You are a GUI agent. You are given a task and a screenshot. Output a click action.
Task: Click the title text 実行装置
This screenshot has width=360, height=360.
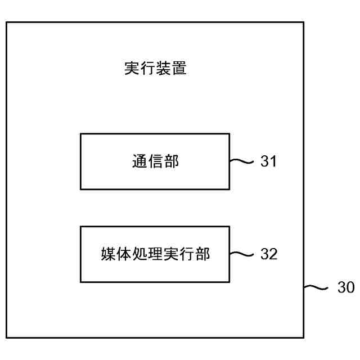pos(155,69)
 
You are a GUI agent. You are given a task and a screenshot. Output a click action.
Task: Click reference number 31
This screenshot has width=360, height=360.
pos(268,162)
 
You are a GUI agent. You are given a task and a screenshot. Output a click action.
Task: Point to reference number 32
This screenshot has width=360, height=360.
pos(268,254)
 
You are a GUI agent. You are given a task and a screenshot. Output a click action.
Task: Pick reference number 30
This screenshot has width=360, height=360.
pos(346,287)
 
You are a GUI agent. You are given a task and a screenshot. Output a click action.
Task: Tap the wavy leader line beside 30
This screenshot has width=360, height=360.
pos(316,287)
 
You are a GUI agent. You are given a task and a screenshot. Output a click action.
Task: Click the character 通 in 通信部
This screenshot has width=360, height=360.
pos(139,162)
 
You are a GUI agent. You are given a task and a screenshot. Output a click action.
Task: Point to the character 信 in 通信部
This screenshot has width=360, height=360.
pos(155,162)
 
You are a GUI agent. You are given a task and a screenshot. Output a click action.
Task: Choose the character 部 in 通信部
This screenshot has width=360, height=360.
pos(171,162)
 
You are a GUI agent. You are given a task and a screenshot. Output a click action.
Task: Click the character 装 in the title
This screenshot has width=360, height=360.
pos(163,69)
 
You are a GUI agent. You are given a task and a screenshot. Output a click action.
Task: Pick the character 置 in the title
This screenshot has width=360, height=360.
pos(179,69)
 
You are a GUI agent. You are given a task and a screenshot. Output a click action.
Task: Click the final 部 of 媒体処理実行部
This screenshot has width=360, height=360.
pos(202,254)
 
